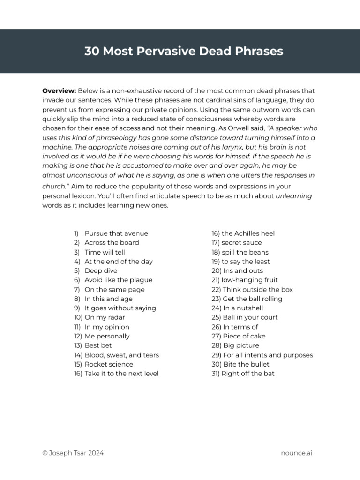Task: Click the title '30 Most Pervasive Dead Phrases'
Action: pyautogui.click(x=184, y=51)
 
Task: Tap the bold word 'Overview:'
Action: pyautogui.click(x=59, y=90)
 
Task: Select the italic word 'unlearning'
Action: pyautogui.click(x=294, y=196)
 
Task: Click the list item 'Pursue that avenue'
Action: pyautogui.click(x=116, y=233)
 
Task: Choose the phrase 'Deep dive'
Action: pyautogui.click(x=101, y=270)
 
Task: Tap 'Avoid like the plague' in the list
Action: pyautogui.click(x=118, y=280)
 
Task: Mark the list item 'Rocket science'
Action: pyautogui.click(x=109, y=364)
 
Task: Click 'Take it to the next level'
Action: pyautogui.click(x=121, y=374)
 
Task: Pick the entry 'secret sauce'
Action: pyautogui.click(x=241, y=242)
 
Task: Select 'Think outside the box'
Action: pyautogui.click(x=257, y=289)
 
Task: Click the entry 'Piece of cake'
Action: pyautogui.click(x=244, y=336)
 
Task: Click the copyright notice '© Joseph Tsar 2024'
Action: pyautogui.click(x=73, y=453)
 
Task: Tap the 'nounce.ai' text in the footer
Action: pyautogui.click(x=296, y=453)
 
